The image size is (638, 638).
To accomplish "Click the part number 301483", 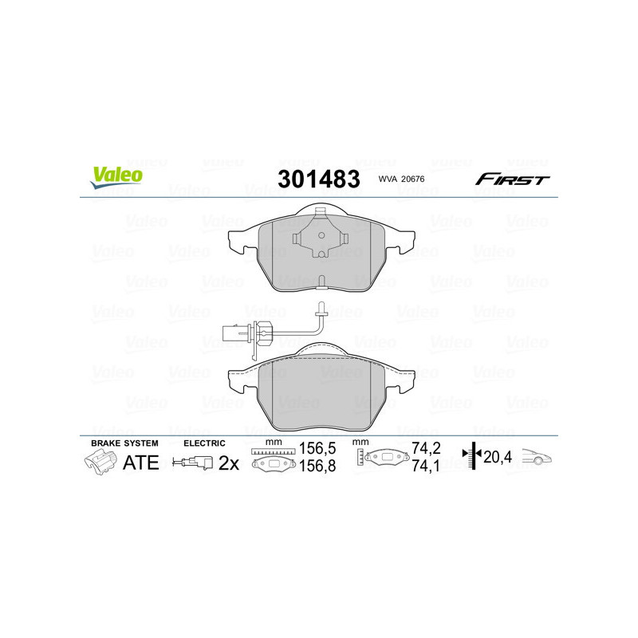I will pyautogui.click(x=318, y=179).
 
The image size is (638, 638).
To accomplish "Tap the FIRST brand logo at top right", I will pyautogui.click(x=512, y=179).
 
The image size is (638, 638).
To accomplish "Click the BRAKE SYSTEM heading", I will pyautogui.click(x=124, y=443).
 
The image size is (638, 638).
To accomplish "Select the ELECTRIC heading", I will pyautogui.click(x=204, y=443).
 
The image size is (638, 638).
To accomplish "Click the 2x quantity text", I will pyautogui.click(x=229, y=463).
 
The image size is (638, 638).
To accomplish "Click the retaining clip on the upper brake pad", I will pyautogui.click(x=318, y=235).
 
